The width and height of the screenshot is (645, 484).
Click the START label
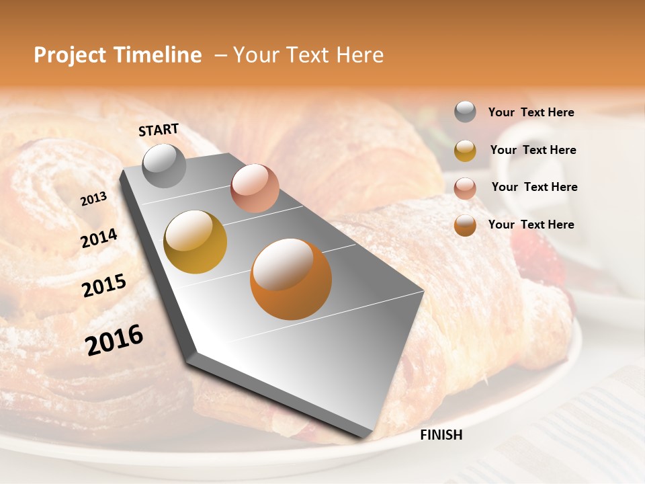pyautogui.click(x=159, y=130)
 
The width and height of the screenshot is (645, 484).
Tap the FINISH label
pyautogui.click(x=441, y=435)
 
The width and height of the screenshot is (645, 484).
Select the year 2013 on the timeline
pyautogui.click(x=93, y=199)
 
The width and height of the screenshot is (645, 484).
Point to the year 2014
pyautogui.click(x=99, y=239)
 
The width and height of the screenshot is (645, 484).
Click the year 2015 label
pyautogui.click(x=104, y=286)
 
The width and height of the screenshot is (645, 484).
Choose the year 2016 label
pyautogui.click(x=114, y=340)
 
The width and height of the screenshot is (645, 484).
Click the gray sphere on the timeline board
pyautogui.click(x=164, y=165)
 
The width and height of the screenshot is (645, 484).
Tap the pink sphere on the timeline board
pyautogui.click(x=255, y=188)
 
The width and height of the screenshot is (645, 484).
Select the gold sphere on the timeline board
pyautogui.click(x=196, y=242)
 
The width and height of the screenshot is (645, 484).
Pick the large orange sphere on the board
pyautogui.click(x=291, y=279)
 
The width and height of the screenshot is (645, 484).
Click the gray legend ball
pyautogui.click(x=465, y=112)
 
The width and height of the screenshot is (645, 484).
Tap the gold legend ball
pyautogui.click(x=465, y=151)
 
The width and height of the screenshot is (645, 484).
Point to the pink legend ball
pyautogui.click(x=465, y=188)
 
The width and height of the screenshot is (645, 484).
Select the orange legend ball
pyautogui.click(x=465, y=225)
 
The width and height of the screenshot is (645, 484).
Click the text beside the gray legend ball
pyautogui.click(x=531, y=112)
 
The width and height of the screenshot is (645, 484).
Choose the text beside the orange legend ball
pyautogui.click(x=531, y=225)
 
